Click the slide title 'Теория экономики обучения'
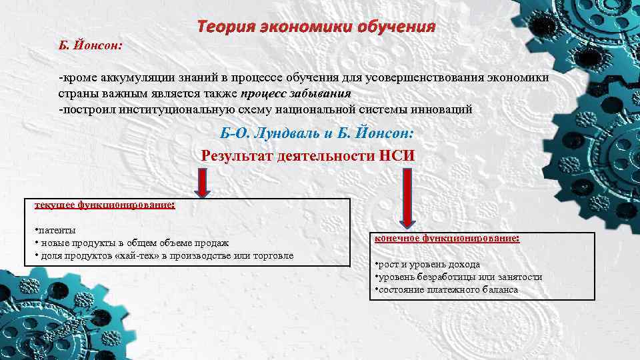click(316, 27)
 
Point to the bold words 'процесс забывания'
click(295, 93)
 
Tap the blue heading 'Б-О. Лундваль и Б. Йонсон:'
click(317, 134)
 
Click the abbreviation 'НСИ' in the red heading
click(399, 156)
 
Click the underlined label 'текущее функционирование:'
click(105, 205)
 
